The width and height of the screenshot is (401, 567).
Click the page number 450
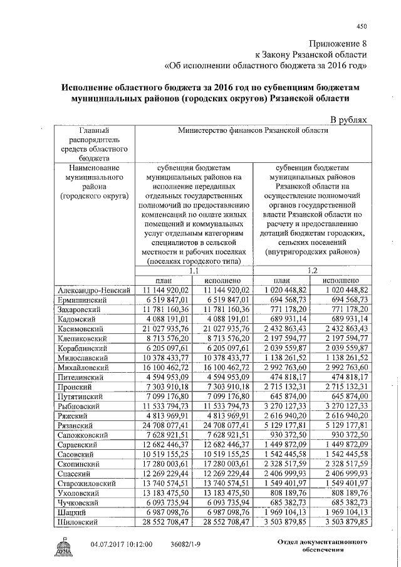(360, 26)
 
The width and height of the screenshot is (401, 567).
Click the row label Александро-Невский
(93, 291)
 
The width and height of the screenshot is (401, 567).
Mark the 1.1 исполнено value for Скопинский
(223, 465)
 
